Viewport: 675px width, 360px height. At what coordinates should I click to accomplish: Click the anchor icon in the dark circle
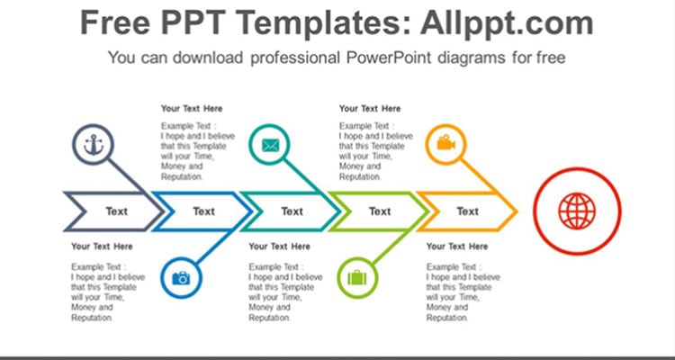point(94,145)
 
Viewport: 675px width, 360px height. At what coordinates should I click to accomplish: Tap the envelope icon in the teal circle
point(270,145)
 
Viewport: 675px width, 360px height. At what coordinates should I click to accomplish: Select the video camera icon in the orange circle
point(446,142)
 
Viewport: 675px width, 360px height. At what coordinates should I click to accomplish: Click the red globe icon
point(577,211)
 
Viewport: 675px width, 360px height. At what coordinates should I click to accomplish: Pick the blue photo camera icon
point(181,278)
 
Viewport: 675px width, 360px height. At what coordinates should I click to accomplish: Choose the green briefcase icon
point(357,278)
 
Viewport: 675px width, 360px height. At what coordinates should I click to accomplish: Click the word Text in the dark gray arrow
point(117,211)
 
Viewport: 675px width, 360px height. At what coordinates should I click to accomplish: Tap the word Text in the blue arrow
point(203,211)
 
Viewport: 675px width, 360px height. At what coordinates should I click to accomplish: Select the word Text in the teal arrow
point(292,211)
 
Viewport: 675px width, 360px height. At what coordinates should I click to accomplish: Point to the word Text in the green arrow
point(380,211)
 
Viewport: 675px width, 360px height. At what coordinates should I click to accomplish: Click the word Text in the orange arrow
point(468,211)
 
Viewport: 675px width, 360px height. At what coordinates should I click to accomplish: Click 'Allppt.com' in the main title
point(507,22)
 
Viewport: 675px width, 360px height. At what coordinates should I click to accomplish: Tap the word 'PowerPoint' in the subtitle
point(389,58)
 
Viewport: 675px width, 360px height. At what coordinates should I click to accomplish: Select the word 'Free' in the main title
point(115,22)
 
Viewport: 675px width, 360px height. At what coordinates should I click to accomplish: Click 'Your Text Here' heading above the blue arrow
point(192,109)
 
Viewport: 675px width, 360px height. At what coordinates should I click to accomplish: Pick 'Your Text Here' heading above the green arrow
point(370,109)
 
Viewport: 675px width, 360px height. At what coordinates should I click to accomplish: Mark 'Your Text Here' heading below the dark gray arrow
point(102,247)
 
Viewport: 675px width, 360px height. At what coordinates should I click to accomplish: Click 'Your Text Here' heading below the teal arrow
point(279,247)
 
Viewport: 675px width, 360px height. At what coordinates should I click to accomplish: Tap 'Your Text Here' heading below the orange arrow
point(457,247)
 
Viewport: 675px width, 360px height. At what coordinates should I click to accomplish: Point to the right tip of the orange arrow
point(517,211)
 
